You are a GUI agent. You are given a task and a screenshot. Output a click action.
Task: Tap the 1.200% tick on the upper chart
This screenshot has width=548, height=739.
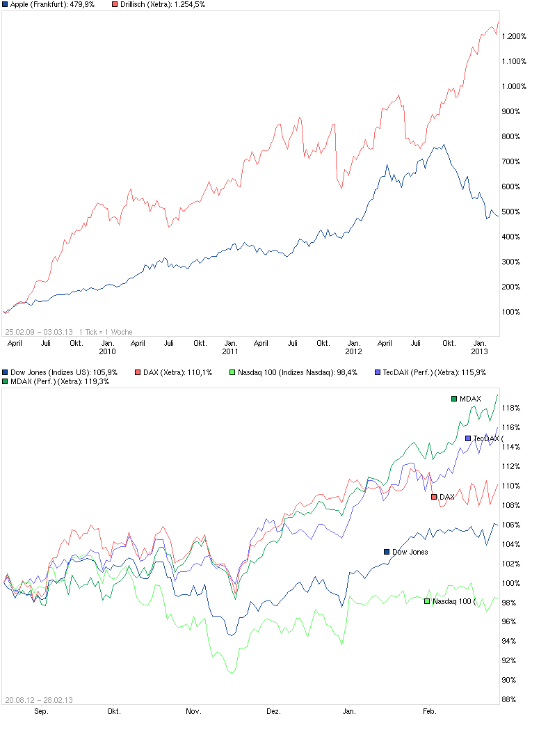pyautogui.click(x=515, y=36)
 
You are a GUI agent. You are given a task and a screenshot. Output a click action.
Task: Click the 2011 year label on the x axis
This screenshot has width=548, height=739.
pyautogui.click(x=230, y=351)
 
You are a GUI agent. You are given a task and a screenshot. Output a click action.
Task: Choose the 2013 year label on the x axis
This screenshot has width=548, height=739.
pyautogui.click(x=479, y=351)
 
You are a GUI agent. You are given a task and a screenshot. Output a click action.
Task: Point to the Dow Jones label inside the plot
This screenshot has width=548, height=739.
pyautogui.click(x=410, y=552)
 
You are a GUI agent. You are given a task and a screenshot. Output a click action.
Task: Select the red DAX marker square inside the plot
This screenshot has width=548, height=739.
pyautogui.click(x=434, y=497)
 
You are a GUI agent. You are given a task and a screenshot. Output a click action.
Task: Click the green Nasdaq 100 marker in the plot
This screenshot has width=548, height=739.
pyautogui.click(x=427, y=601)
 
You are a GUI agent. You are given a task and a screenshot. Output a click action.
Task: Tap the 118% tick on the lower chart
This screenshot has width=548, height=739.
pyautogui.click(x=514, y=408)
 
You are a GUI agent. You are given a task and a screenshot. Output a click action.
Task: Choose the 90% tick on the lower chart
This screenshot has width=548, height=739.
pyautogui.click(x=511, y=680)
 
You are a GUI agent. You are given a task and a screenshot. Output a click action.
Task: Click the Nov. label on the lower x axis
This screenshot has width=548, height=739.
pyautogui.click(x=193, y=711)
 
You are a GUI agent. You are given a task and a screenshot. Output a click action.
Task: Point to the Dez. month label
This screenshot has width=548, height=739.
pyautogui.click(x=273, y=711)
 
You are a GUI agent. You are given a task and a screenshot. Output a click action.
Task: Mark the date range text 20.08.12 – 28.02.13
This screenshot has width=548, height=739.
pyautogui.click(x=39, y=700)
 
